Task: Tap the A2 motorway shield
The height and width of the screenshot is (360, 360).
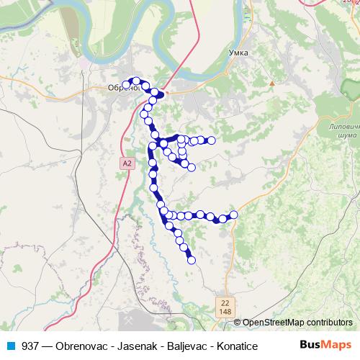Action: point(127,163)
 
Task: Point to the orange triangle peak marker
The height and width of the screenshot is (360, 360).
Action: point(272,84)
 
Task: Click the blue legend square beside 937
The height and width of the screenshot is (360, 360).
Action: point(6,346)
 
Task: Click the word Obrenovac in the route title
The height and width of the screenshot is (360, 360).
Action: point(74,346)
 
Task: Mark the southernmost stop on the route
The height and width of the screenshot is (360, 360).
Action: point(192,260)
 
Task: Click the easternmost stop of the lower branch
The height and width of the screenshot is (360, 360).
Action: point(233,214)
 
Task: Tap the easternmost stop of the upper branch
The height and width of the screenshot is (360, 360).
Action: point(212,140)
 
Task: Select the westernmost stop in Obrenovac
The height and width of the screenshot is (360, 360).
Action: point(126,85)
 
